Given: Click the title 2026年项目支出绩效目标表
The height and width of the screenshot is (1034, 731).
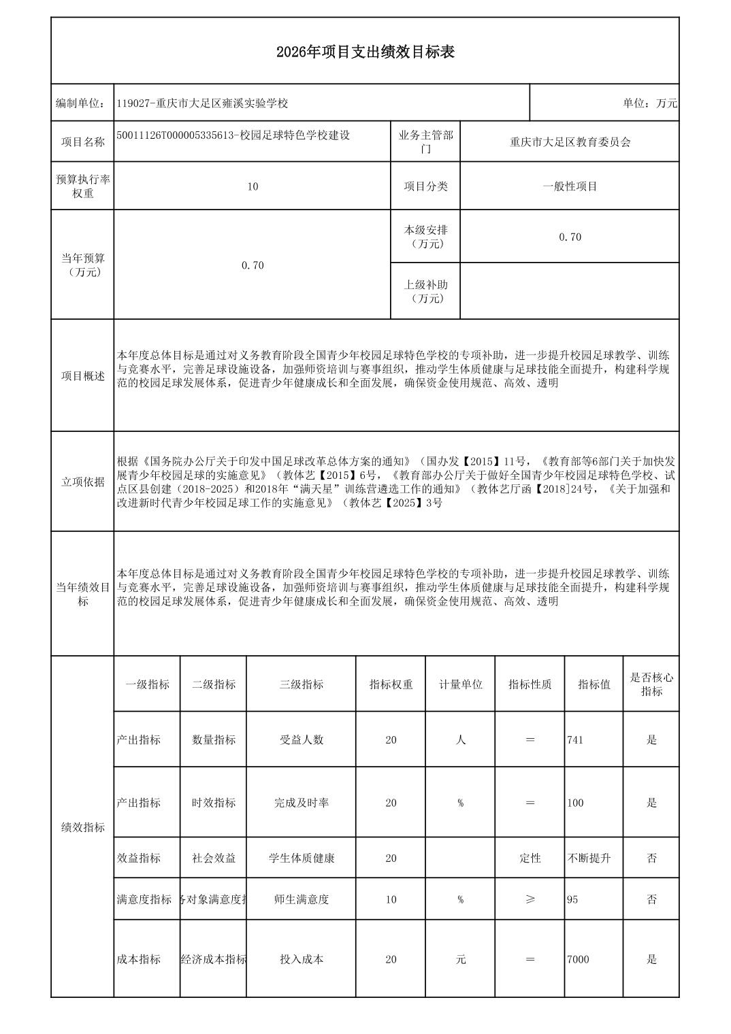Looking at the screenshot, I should pyautogui.click(x=365, y=52).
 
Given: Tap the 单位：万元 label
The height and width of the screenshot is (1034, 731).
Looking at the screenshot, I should pyautogui.click(x=649, y=103).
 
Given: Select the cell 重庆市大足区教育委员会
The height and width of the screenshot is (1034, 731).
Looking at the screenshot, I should pyautogui.click(x=570, y=142).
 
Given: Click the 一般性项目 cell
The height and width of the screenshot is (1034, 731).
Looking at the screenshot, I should pyautogui.click(x=570, y=186).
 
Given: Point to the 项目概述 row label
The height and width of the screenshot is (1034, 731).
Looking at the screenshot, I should pyautogui.click(x=83, y=376).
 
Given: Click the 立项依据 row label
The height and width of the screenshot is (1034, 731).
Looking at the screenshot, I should pyautogui.click(x=83, y=482).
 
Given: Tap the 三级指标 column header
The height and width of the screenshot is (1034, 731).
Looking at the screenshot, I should pyautogui.click(x=302, y=684).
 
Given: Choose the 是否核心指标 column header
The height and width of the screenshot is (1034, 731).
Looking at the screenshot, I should pyautogui.click(x=651, y=684).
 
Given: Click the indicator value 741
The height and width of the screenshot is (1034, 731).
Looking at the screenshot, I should pyautogui.click(x=575, y=740).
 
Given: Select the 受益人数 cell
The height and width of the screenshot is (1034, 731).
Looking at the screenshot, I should pyautogui.click(x=302, y=740).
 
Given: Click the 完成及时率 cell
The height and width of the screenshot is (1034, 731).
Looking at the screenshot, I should pyautogui.click(x=302, y=803).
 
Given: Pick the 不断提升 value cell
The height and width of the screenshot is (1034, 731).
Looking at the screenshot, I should pyautogui.click(x=589, y=858).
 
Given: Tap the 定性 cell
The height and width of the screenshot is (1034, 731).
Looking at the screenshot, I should pyautogui.click(x=530, y=858).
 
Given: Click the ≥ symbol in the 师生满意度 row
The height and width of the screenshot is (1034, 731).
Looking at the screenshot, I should pyautogui.click(x=530, y=899).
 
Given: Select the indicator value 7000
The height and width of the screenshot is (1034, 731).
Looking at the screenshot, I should pyautogui.click(x=578, y=960).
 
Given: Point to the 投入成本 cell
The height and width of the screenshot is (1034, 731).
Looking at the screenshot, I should pyautogui.click(x=302, y=960).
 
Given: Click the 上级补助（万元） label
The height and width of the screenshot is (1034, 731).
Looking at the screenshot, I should pyautogui.click(x=425, y=292).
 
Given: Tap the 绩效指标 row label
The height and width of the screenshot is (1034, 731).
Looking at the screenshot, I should pyautogui.click(x=83, y=828).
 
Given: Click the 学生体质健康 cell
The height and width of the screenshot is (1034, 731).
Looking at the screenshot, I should pyautogui.click(x=302, y=858).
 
